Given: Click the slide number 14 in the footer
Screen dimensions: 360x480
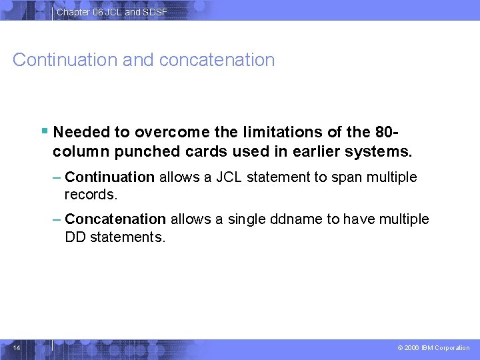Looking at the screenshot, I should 17,347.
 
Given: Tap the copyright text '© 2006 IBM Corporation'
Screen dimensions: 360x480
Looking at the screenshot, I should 433,348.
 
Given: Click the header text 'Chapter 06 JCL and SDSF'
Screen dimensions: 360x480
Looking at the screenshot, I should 112,12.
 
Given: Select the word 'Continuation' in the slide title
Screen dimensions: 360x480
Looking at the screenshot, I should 65,60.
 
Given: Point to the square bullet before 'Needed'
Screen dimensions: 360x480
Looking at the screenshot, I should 44,131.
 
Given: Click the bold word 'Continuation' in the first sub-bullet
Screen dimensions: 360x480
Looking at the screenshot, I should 110,177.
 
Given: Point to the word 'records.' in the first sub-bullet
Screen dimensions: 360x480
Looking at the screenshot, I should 91,195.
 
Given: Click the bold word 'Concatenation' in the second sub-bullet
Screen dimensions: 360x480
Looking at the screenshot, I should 115,219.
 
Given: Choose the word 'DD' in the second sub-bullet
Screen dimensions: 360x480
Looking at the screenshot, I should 76,237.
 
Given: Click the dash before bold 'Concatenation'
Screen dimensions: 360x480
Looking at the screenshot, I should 57,219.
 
